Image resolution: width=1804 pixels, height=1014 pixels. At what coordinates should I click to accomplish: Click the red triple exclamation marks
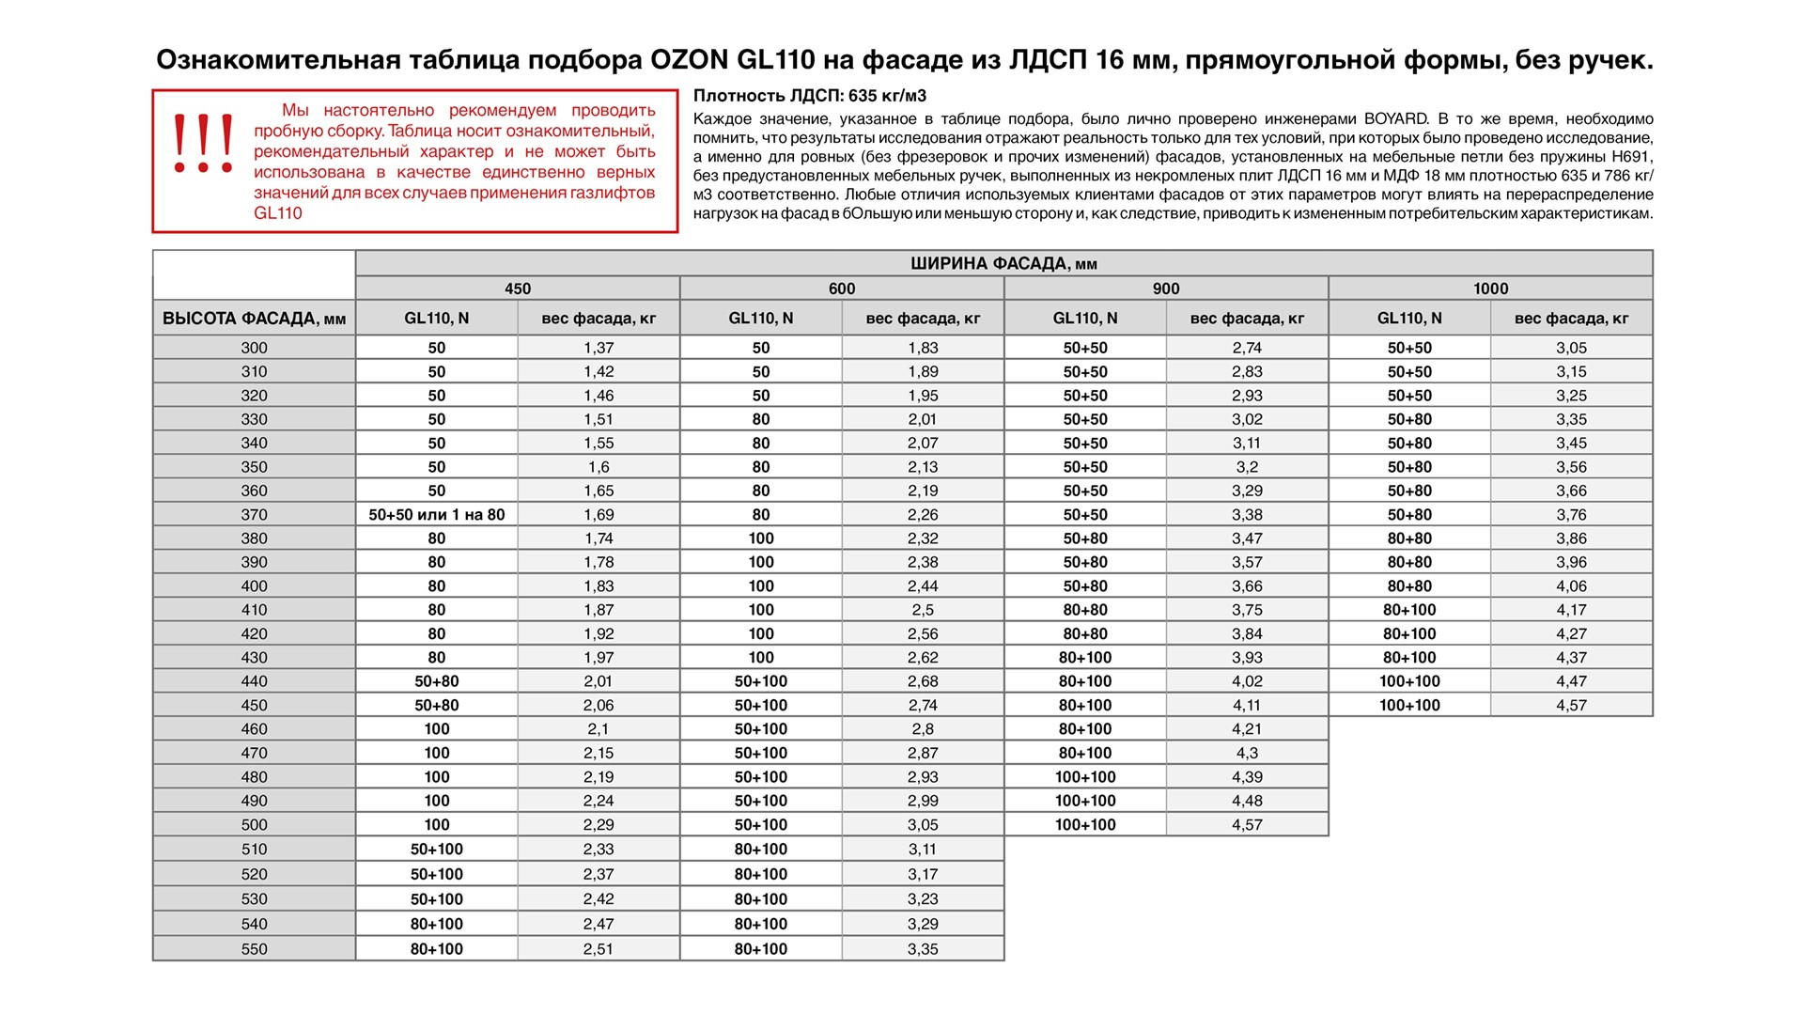pyautogui.click(x=202, y=144)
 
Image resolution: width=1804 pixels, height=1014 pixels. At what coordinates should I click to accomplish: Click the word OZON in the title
pyautogui.click(x=689, y=60)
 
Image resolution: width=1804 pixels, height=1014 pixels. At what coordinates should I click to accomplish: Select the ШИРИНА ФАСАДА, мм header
pyautogui.click(x=1003, y=264)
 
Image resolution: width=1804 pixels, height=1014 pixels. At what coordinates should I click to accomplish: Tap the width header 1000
pyautogui.click(x=1490, y=289)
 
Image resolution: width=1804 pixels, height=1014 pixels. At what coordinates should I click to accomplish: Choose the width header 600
pyautogui.click(x=842, y=289)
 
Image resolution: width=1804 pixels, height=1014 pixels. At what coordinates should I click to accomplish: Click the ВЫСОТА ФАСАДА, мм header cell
pyautogui.click(x=254, y=319)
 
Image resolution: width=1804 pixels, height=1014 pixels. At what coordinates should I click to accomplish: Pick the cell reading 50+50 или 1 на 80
pyautogui.click(x=436, y=515)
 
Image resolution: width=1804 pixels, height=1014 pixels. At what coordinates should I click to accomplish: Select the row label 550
pyautogui.click(x=254, y=949)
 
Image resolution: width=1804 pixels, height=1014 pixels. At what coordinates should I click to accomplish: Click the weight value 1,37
pyautogui.click(x=599, y=348)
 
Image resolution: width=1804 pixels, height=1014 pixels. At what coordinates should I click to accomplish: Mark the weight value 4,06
pyautogui.click(x=1571, y=586)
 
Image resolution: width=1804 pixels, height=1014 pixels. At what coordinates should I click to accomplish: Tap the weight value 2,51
pyautogui.click(x=599, y=949)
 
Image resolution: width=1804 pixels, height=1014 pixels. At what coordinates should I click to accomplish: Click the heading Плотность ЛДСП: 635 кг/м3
pyautogui.click(x=810, y=96)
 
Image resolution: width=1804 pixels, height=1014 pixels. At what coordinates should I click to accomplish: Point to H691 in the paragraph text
pyautogui.click(x=1631, y=157)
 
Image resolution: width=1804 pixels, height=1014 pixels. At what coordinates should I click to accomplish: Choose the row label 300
pyautogui.click(x=254, y=348)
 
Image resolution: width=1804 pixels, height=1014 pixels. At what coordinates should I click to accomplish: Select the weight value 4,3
pyautogui.click(x=1247, y=753)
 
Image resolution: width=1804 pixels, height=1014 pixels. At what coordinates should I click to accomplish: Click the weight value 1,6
pyautogui.click(x=599, y=467)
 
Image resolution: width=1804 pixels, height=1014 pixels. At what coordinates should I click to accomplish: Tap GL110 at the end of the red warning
pyautogui.click(x=278, y=213)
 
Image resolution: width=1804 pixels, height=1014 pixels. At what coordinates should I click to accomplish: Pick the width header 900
pyautogui.click(x=1166, y=289)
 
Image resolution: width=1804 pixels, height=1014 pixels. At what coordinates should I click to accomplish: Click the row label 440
pyautogui.click(x=254, y=681)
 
